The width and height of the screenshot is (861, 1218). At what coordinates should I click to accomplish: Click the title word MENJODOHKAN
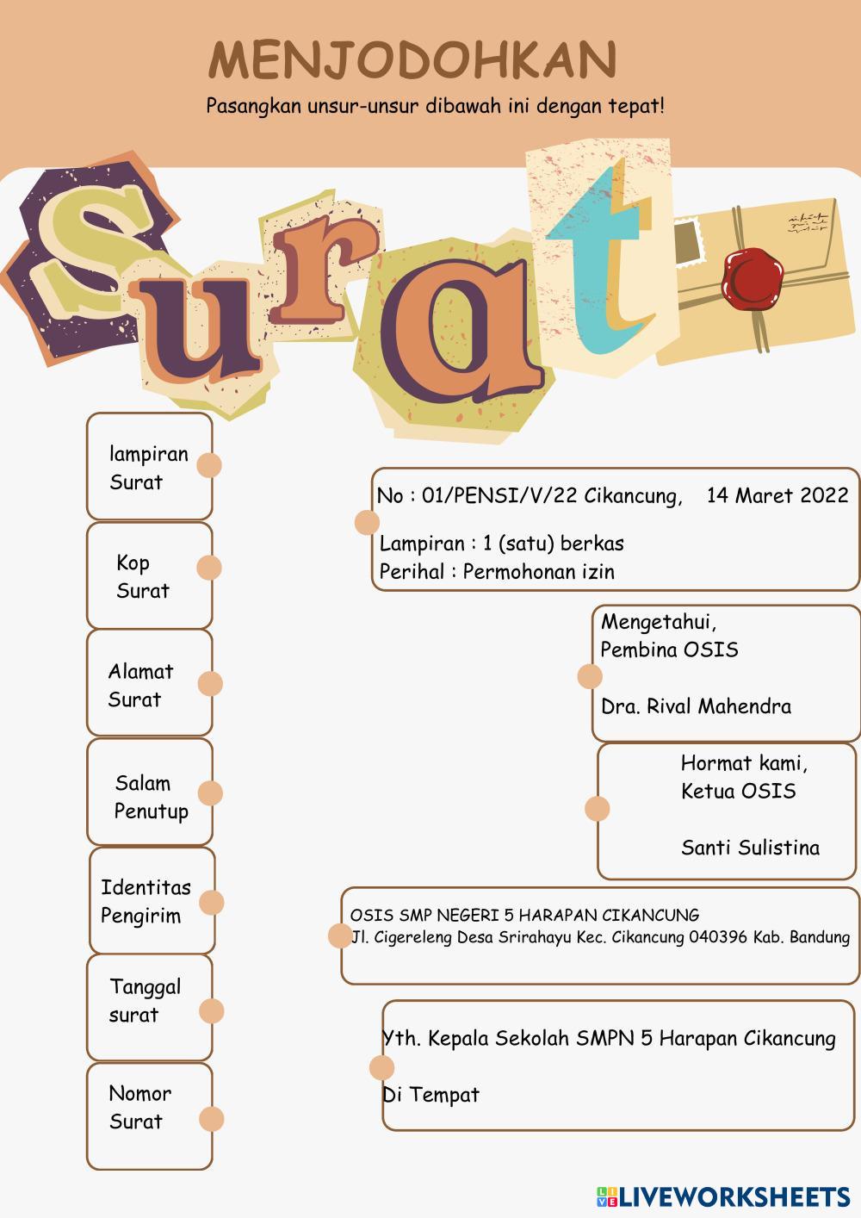pos(412,60)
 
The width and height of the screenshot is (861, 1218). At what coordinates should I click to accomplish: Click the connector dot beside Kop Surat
pos(209,568)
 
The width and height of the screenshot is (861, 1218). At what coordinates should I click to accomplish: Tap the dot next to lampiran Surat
pos(209,465)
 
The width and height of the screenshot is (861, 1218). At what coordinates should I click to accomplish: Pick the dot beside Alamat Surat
pos(210,684)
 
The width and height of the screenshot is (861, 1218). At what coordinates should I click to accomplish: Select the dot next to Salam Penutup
pos(210,792)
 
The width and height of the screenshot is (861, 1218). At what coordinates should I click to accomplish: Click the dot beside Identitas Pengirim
pos(212,902)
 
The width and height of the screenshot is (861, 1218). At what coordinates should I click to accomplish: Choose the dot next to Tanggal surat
pos(211,1011)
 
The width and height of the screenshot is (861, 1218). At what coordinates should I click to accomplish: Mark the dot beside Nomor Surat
pos(211,1119)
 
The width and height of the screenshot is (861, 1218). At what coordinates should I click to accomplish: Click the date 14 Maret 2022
pos(777,495)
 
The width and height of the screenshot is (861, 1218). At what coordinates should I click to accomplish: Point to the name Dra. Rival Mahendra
pos(696,707)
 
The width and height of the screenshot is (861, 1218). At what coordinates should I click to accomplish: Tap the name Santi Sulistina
pos(750,848)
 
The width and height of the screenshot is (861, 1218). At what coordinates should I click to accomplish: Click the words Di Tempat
pos(430,1095)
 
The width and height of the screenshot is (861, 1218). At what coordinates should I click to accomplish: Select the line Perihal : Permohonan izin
pos(497,571)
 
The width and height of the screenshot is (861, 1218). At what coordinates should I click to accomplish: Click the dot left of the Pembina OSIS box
pos(590,676)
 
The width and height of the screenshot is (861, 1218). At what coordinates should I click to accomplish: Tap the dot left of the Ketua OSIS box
pos(597,809)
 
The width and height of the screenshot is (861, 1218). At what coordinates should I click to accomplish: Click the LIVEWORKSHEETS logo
pos(723,1196)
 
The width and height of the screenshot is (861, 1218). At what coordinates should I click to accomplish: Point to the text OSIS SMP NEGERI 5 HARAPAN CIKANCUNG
pos(524,916)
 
